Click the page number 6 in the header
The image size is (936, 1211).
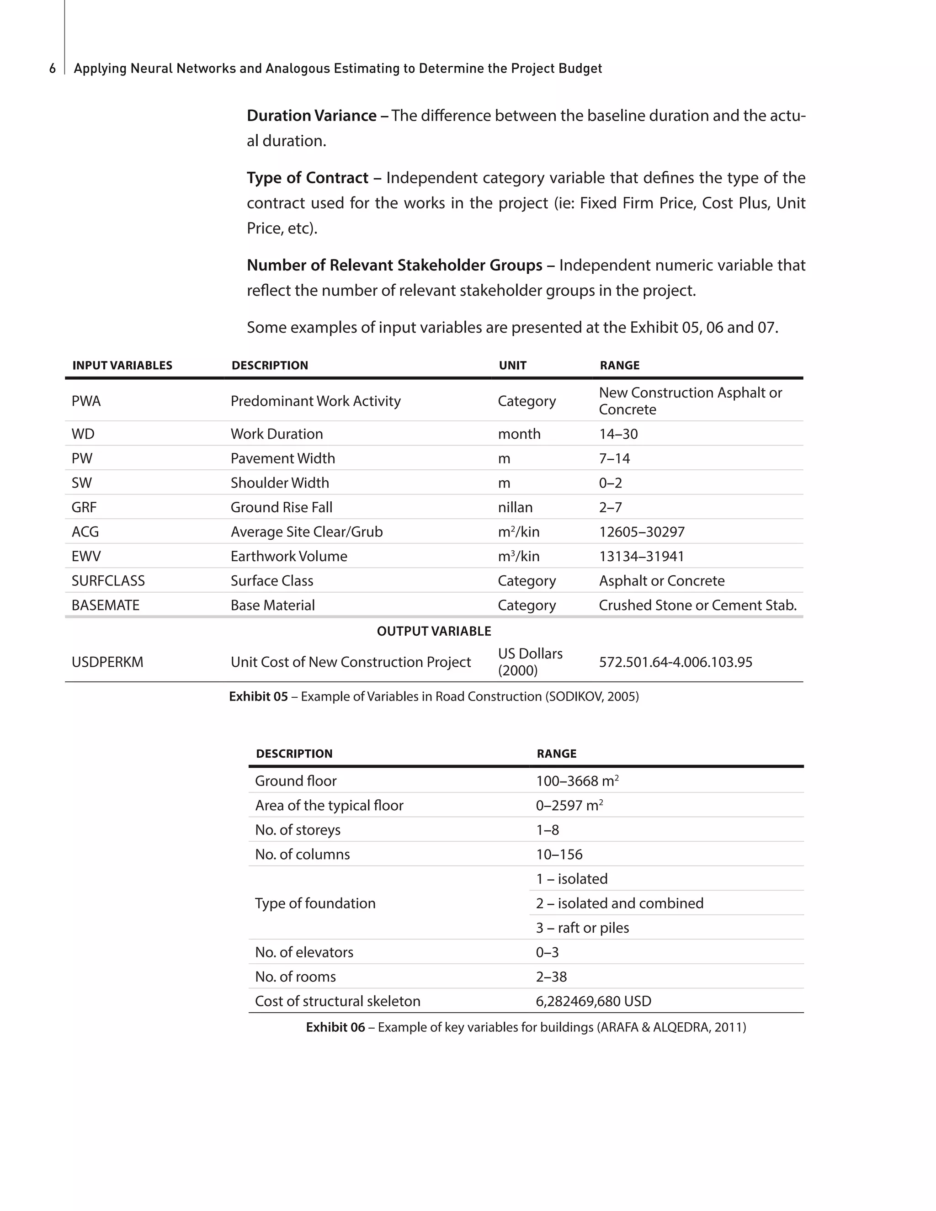(52, 68)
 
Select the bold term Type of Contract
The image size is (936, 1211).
(307, 177)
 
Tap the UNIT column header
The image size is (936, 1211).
(512, 366)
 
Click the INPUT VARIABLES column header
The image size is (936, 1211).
(122, 366)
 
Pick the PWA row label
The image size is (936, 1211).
(86, 401)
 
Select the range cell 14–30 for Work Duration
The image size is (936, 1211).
(618, 434)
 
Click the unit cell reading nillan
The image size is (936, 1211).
(515, 507)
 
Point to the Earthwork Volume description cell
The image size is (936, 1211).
(289, 556)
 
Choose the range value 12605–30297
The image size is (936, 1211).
(642, 532)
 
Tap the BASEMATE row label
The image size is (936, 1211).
(106, 605)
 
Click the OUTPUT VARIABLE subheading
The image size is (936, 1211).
(434, 631)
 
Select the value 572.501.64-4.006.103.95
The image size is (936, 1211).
(675, 662)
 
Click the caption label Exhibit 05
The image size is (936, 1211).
(258, 696)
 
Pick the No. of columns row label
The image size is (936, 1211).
(302, 854)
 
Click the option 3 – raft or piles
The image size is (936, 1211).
(582, 928)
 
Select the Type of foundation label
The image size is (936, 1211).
(315, 903)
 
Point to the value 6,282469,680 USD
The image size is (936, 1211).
(593, 1001)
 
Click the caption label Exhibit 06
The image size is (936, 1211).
(335, 1027)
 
